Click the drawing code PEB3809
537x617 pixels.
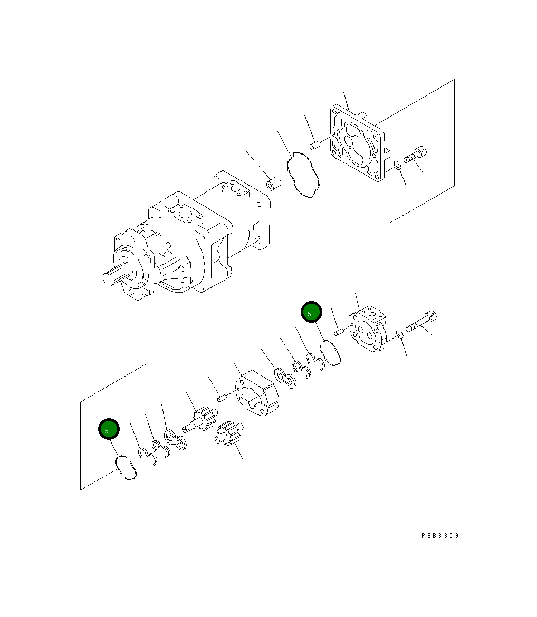tap(440, 536)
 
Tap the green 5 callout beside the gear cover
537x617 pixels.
tap(311, 312)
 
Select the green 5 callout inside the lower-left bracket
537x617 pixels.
tap(109, 429)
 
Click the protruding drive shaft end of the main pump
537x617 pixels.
tap(113, 275)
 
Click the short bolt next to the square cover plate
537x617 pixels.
tap(415, 155)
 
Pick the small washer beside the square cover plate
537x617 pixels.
tap(397, 167)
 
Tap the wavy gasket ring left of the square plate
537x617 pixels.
tap(303, 175)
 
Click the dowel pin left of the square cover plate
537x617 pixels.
tap(315, 144)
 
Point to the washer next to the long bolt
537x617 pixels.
tap(399, 333)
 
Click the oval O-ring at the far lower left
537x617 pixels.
tap(126, 468)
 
